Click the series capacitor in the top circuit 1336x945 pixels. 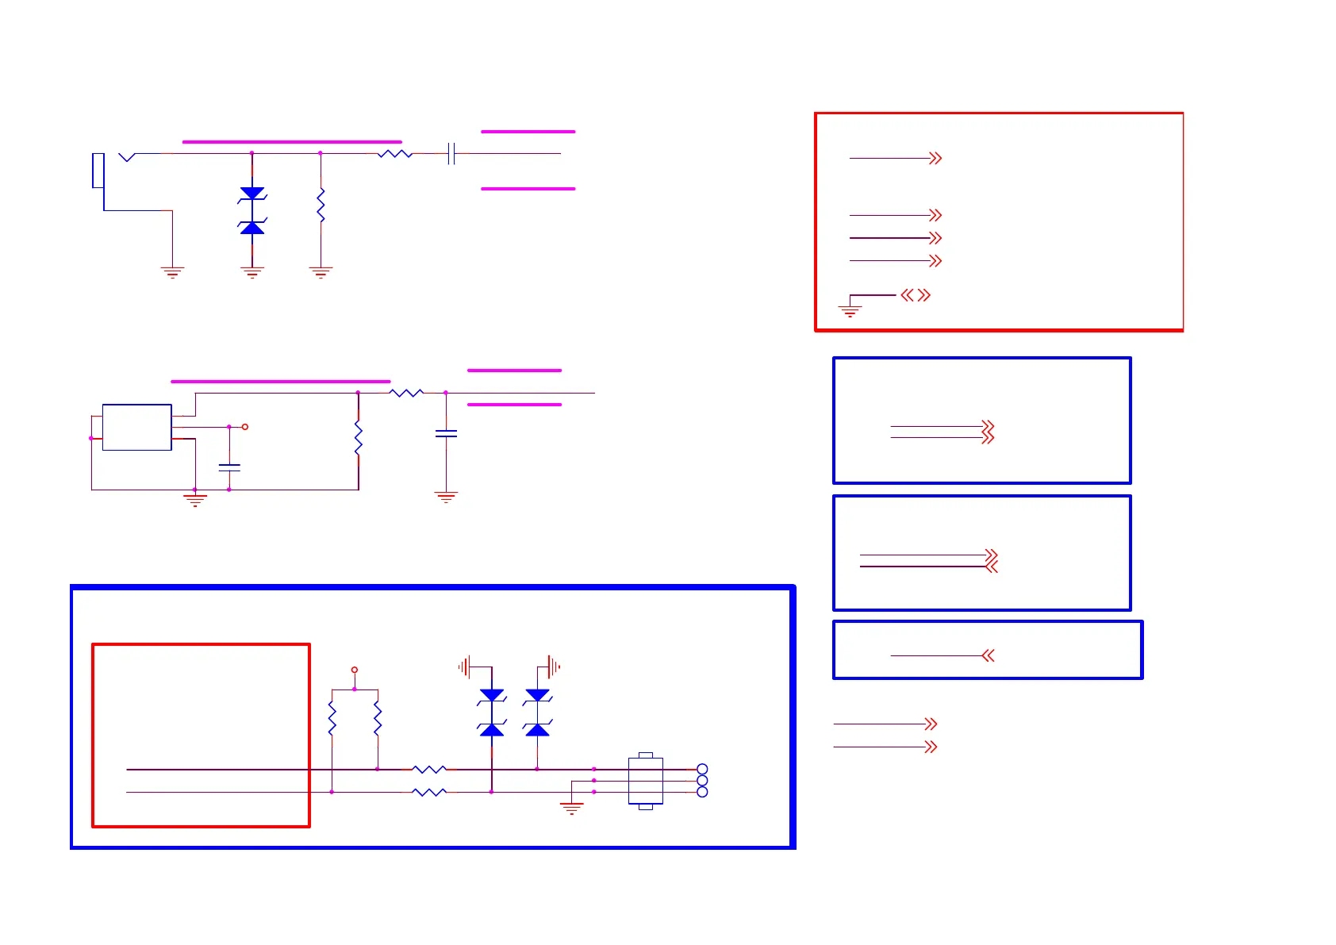tap(451, 153)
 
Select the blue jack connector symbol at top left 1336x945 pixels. tap(98, 171)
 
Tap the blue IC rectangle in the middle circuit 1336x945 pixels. tap(136, 428)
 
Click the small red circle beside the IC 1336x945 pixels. tap(245, 427)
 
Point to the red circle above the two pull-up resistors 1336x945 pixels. tap(355, 670)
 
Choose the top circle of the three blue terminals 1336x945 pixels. tap(702, 769)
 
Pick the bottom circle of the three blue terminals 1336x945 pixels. tap(702, 792)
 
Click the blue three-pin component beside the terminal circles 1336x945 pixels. tap(646, 781)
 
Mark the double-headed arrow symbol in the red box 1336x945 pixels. tap(916, 295)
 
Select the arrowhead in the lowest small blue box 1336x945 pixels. tap(988, 655)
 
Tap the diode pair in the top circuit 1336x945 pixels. tap(252, 211)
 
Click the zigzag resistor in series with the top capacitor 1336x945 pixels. tap(395, 153)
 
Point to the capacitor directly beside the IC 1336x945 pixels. tap(229, 467)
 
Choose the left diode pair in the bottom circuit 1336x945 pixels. tap(492, 713)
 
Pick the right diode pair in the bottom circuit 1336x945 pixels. tap(537, 713)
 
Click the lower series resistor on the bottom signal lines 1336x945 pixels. tap(429, 792)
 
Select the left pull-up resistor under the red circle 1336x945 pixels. tap(332, 718)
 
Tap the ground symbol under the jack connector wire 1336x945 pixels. tap(172, 272)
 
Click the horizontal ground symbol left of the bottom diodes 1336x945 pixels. tap(465, 666)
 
